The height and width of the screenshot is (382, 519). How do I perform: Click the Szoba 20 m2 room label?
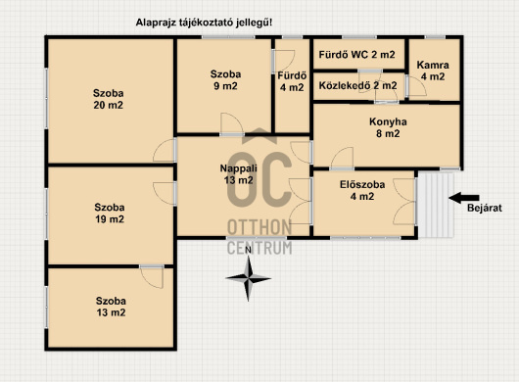pyautogui.click(x=109, y=99)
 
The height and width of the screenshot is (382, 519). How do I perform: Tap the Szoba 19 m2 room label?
pyautogui.click(x=110, y=214)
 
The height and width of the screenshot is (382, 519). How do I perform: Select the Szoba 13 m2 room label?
pyautogui.click(x=111, y=307)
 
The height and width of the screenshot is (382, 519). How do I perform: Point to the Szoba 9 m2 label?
pyautogui.click(x=225, y=79)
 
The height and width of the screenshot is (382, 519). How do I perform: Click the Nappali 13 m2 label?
pyautogui.click(x=238, y=174)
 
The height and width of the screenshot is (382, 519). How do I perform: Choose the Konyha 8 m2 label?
pyautogui.click(x=388, y=127)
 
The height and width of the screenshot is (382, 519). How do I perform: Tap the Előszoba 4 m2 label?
pyautogui.click(x=362, y=190)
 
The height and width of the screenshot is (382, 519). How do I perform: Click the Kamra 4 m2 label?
pyautogui.click(x=433, y=71)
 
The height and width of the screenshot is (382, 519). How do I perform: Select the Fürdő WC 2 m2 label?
pyautogui.click(x=356, y=55)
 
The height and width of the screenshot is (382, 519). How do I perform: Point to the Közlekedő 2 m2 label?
pyautogui.click(x=357, y=85)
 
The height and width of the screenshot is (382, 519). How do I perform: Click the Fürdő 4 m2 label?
pyautogui.click(x=292, y=81)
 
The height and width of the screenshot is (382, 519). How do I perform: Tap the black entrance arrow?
pyautogui.click(x=464, y=198)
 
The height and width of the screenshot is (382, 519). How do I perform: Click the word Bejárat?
pyautogui.click(x=485, y=208)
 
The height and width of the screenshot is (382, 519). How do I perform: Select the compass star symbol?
pyautogui.click(x=249, y=278)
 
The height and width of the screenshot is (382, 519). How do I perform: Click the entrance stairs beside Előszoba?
pyautogui.click(x=435, y=205)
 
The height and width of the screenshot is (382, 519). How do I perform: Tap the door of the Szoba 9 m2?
pyautogui.click(x=232, y=123)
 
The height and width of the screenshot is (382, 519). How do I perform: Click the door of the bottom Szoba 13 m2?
pyautogui.click(x=152, y=276)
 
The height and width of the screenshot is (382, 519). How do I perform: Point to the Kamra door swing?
pyautogui.click(x=417, y=86)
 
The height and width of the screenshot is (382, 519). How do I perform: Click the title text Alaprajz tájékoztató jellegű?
pyautogui.click(x=204, y=23)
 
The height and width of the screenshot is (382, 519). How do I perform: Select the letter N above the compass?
pyautogui.click(x=249, y=250)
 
